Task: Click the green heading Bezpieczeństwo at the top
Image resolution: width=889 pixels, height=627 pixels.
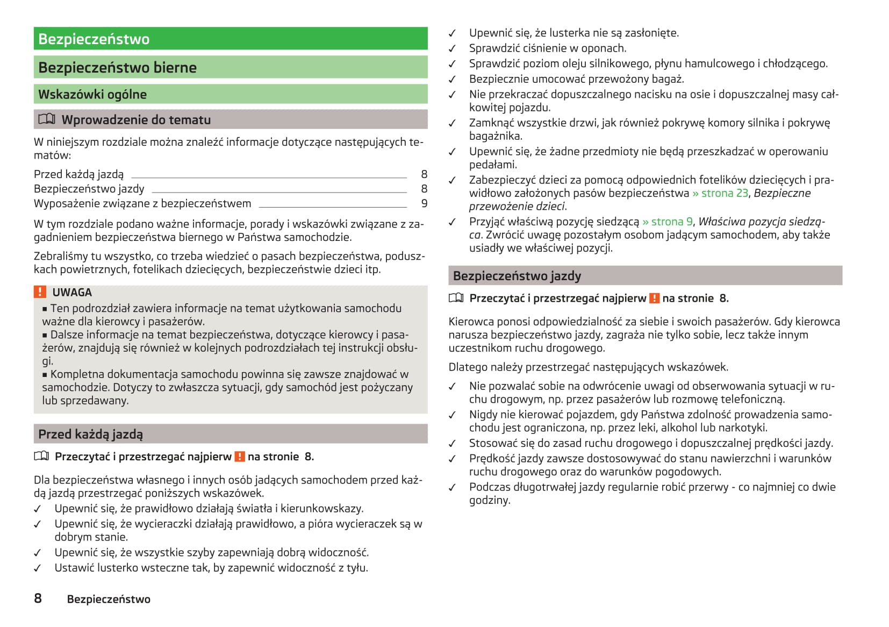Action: [x=94, y=39]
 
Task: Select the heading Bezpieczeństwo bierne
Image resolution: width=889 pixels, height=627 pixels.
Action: [x=117, y=68]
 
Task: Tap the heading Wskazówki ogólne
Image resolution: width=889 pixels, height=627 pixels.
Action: [x=92, y=95]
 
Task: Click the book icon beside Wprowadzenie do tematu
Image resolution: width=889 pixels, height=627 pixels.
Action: [x=47, y=119]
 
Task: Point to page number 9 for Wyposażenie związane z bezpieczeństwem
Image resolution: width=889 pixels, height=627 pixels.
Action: [x=424, y=204]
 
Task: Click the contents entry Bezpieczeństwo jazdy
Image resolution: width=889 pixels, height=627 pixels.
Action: [x=89, y=189]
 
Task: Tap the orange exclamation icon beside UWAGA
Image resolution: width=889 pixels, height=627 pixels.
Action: [x=40, y=292]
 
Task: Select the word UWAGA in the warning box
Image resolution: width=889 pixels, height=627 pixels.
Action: [x=72, y=293]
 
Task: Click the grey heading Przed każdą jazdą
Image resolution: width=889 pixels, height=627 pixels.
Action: [x=90, y=434]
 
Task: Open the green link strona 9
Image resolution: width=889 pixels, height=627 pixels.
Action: [x=668, y=222]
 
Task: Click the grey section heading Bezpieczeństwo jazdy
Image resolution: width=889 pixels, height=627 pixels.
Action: [x=517, y=276]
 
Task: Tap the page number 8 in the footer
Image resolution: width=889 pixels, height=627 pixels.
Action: [x=38, y=598]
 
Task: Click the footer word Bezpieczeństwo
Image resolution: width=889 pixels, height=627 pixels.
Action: [x=109, y=599]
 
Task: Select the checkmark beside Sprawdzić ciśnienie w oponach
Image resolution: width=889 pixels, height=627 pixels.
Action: [x=453, y=48]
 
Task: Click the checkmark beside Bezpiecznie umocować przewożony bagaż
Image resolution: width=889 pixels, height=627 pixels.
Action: [x=453, y=80]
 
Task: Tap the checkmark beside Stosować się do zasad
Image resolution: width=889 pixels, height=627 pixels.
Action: [x=453, y=444]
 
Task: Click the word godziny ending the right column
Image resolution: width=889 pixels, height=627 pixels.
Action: [x=489, y=500]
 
